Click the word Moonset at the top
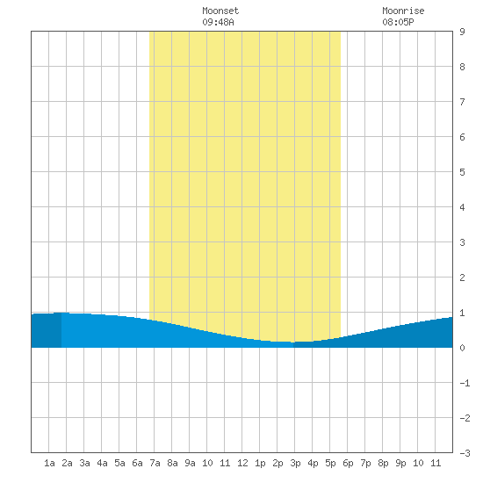point(220,11)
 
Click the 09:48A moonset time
point(218,22)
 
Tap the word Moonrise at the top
point(403,11)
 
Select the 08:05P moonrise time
point(398,22)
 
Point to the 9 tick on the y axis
point(462,32)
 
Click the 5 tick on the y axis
point(462,172)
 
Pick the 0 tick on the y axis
point(462,348)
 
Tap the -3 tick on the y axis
point(465,453)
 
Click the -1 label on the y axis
point(465,383)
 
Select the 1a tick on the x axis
point(49,463)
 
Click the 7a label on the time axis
point(155,463)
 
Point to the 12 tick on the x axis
point(242,463)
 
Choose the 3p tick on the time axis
point(295,463)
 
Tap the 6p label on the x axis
point(348,463)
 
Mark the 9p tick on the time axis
point(400,463)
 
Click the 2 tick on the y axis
point(462,278)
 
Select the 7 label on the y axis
point(462,102)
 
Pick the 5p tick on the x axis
point(330,463)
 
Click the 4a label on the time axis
point(102,463)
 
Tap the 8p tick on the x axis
point(383,463)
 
